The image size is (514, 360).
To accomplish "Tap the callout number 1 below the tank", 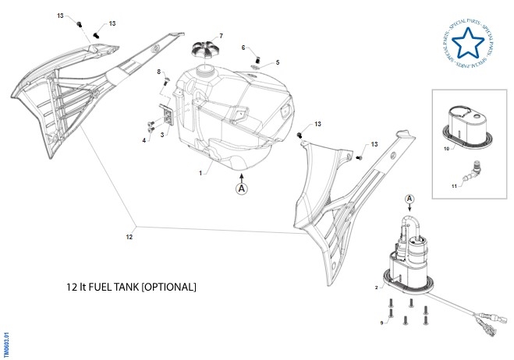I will pyautogui.click(x=200, y=173).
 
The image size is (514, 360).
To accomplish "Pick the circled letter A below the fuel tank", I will pyautogui.click(x=242, y=189).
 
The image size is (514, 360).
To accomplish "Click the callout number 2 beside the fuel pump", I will pyautogui.click(x=376, y=288).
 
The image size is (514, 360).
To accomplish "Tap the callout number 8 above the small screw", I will pyautogui.click(x=158, y=72).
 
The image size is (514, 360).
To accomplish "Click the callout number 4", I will pyautogui.click(x=144, y=140).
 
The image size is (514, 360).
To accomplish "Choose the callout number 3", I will pyautogui.click(x=161, y=135).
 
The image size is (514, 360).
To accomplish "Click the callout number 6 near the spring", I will pyautogui.click(x=243, y=48).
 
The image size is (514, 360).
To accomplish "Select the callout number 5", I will pyautogui.click(x=277, y=62).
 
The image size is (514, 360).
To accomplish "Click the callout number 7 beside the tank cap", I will pyautogui.click(x=221, y=36).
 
